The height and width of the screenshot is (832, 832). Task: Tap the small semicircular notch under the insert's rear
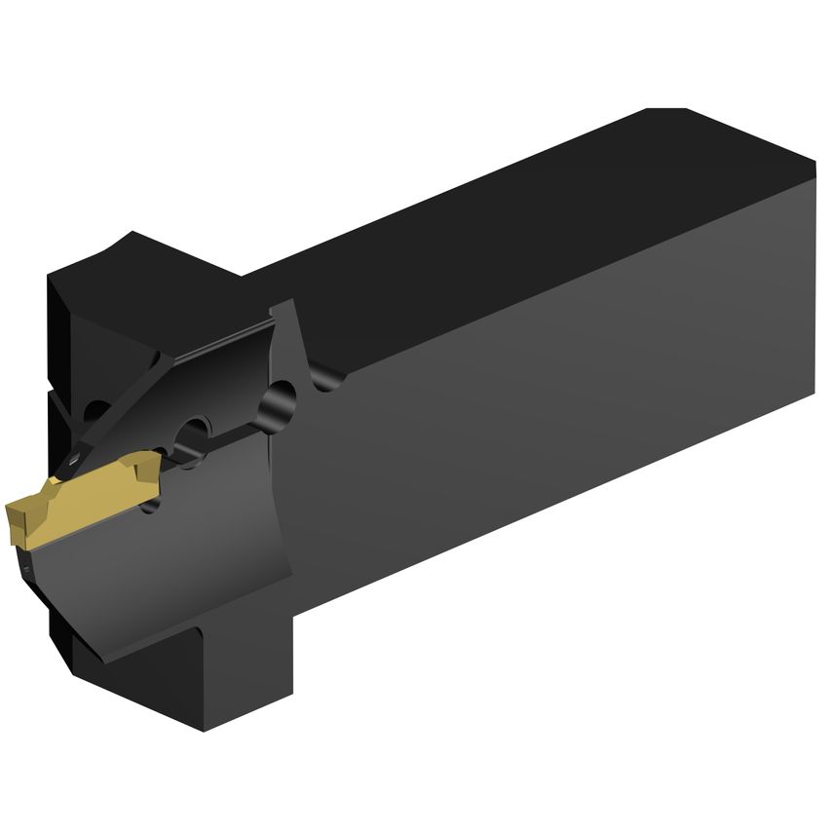[x=149, y=507]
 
